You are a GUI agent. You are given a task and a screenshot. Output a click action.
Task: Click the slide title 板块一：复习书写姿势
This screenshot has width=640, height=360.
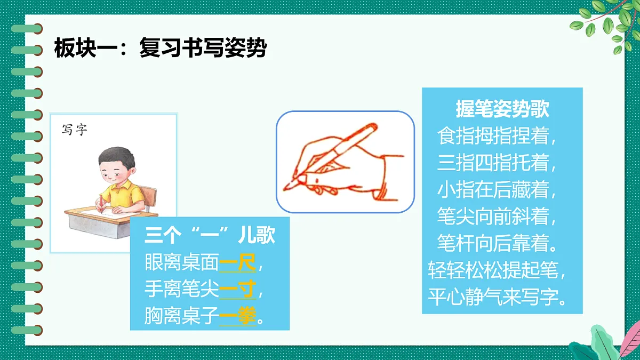[x=160, y=49]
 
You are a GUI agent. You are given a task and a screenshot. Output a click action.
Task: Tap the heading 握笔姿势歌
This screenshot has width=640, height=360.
[x=502, y=110]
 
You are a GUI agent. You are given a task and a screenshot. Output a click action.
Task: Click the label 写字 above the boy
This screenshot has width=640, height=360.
[x=74, y=130]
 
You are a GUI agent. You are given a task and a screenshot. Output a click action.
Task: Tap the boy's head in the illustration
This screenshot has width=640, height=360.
[x=114, y=165]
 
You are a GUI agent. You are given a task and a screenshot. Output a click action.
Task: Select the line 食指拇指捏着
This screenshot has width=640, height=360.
[x=497, y=137]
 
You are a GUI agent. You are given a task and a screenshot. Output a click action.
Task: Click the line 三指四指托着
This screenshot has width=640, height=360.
[x=497, y=163]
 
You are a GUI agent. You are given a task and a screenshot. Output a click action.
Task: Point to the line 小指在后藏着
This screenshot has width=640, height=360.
[x=497, y=190]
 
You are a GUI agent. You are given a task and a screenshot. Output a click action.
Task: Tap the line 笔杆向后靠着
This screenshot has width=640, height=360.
[x=497, y=244]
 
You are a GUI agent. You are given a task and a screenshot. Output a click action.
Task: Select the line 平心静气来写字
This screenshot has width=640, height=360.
[x=497, y=297]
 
